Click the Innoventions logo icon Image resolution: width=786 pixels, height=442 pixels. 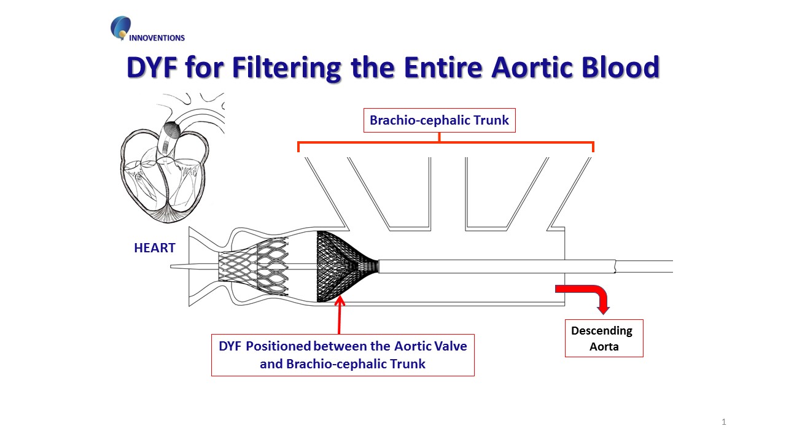pyautogui.click(x=120, y=28)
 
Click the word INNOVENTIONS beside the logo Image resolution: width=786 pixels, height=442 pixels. pyautogui.click(x=157, y=38)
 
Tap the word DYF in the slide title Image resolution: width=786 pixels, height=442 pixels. pyautogui.click(x=152, y=67)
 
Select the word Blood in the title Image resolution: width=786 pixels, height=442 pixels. pyautogui.click(x=620, y=67)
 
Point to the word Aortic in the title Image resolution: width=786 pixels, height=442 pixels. pyautogui.click(x=532, y=67)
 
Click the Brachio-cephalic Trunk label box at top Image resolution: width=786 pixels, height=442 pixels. pyautogui.click(x=439, y=120)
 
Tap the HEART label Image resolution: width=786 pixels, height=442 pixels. pyautogui.click(x=154, y=248)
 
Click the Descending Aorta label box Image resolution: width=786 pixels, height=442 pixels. pyautogui.click(x=604, y=338)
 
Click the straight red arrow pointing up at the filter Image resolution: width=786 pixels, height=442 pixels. pyautogui.click(x=340, y=316)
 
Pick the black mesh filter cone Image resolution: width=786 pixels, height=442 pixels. pyautogui.click(x=348, y=266)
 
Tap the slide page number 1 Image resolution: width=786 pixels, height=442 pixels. pyautogui.click(x=724, y=422)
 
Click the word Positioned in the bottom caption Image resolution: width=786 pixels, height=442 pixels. pyautogui.click(x=278, y=346)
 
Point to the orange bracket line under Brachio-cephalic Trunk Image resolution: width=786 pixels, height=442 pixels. pyautogui.click(x=446, y=142)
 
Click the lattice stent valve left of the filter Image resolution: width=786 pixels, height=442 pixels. pyautogui.click(x=254, y=266)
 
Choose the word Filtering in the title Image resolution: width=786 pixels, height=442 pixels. pyautogui.click(x=286, y=68)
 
